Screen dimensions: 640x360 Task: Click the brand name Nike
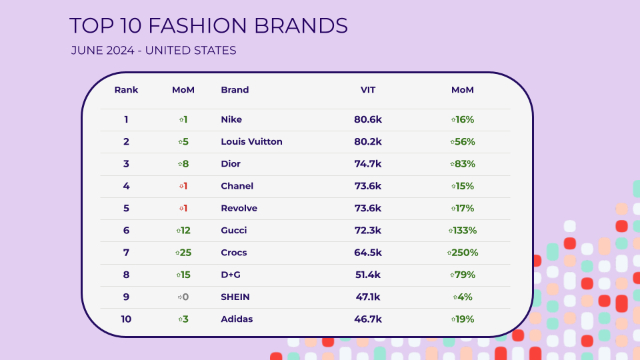coord(231,119)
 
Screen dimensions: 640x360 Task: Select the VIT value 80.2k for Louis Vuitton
coord(368,141)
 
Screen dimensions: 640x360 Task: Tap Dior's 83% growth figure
coord(463,164)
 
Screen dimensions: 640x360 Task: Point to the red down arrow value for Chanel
coord(183,186)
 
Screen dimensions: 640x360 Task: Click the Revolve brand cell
coord(239,208)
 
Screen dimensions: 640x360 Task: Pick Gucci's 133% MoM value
coord(463,230)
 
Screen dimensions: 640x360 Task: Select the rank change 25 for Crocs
coord(183,253)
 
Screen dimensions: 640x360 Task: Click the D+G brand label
coord(231,275)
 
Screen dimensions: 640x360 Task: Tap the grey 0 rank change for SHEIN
coord(183,297)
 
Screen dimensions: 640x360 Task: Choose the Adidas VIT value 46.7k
coord(368,319)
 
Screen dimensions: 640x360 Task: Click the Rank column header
coord(126,90)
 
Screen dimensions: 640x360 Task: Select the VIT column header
coord(368,90)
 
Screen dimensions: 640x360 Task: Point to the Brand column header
coord(235,90)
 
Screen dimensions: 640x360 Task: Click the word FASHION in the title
coord(197,26)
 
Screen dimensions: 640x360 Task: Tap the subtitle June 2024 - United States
coord(153,50)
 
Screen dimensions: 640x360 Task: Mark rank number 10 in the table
coord(126,319)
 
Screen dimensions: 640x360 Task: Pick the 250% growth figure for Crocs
coord(463,253)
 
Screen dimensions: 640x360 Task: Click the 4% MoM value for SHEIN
coord(463,297)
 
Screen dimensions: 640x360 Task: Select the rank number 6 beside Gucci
coord(126,230)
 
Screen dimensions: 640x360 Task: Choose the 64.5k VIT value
coord(368,253)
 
